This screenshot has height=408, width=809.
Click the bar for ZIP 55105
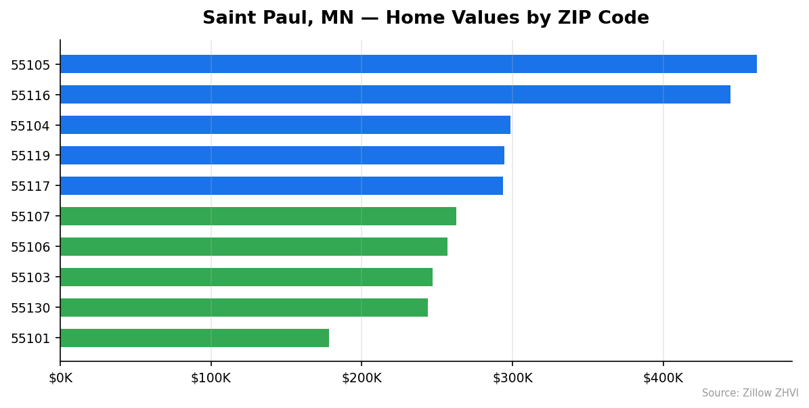click(408, 64)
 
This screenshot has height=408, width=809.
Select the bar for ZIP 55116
click(395, 95)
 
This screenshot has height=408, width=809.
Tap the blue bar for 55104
click(285, 125)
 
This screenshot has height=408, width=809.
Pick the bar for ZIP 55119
click(282, 156)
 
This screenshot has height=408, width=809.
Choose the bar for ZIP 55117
click(282, 186)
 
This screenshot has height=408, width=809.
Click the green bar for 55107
click(258, 217)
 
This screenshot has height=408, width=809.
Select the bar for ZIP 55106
click(254, 247)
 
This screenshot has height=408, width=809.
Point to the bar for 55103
click(246, 277)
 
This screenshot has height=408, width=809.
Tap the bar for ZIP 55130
click(244, 308)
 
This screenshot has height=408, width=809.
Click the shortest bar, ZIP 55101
click(194, 338)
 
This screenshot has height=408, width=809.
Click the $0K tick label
click(60, 378)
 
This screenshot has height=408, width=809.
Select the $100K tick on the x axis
click(211, 378)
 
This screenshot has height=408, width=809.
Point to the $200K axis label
click(362, 378)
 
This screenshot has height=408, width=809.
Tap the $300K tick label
click(512, 378)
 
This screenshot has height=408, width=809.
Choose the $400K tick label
click(663, 378)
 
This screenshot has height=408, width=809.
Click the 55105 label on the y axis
click(30, 65)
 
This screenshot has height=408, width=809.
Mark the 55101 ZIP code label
click(30, 339)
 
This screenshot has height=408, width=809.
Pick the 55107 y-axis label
click(30, 217)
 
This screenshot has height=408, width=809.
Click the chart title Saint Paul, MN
click(425, 18)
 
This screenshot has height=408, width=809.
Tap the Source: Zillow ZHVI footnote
click(750, 393)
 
